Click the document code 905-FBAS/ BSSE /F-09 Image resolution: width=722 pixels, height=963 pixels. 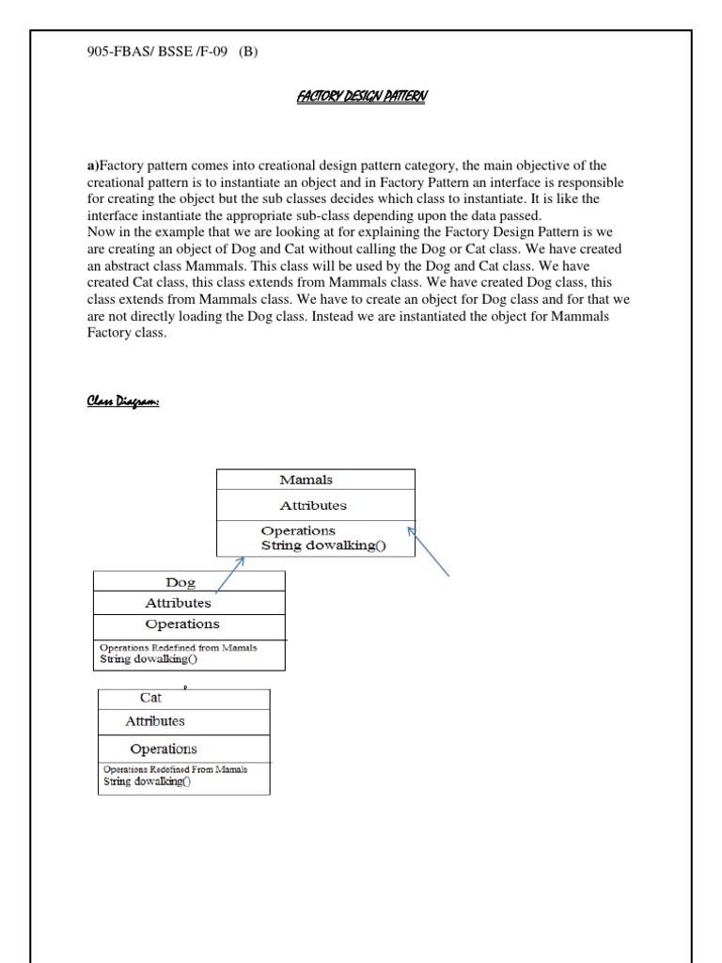tap(157, 53)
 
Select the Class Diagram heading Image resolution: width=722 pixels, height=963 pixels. tap(123, 402)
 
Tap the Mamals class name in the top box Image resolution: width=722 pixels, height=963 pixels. tap(306, 480)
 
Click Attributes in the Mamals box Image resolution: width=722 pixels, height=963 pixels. tap(313, 505)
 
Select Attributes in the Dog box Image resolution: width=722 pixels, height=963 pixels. tap(178, 603)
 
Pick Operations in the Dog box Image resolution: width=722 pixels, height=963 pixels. tap(182, 624)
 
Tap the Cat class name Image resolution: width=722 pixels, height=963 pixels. tap(150, 698)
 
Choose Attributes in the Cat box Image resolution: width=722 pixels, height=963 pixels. tap(155, 721)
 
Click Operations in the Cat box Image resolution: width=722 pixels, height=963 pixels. tap(163, 750)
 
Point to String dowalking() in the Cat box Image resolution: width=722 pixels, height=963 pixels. tap(147, 781)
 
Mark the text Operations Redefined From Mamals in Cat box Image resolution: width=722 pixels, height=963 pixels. tap(175, 768)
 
